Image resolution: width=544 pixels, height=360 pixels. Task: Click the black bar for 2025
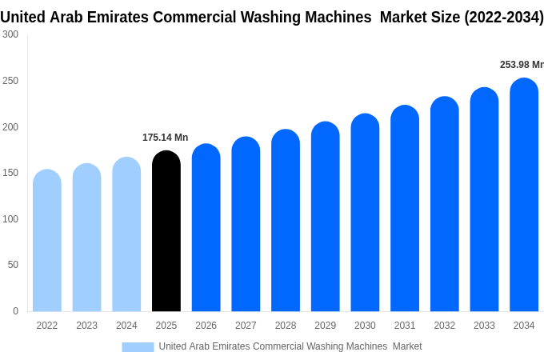coord(166,230)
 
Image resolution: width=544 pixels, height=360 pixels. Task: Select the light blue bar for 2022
coord(47,240)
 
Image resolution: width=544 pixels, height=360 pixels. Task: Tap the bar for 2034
coord(524,194)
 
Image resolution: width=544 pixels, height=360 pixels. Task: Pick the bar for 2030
coord(365,212)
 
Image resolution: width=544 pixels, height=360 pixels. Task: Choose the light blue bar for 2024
coord(126,234)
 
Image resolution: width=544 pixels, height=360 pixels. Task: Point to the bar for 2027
coord(246,224)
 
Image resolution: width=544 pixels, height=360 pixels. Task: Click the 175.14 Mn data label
coord(165,138)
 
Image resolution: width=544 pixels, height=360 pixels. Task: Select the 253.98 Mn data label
coord(522,65)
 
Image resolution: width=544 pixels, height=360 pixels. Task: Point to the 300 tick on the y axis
coord(10,34)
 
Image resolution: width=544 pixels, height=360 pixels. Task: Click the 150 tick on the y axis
coord(10,173)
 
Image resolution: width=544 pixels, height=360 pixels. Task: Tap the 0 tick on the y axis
coord(16,311)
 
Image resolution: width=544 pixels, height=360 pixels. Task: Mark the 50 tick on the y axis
coord(13,265)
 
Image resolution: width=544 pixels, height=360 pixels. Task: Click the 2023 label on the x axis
coord(86,326)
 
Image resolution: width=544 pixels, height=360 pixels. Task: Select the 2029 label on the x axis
coord(325,326)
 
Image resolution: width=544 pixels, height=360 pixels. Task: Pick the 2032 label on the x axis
coord(445,326)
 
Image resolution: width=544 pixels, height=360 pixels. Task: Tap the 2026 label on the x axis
coord(206,326)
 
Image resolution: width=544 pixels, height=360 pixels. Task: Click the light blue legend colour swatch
coord(138,347)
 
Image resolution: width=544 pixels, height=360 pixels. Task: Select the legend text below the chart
coord(290,346)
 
